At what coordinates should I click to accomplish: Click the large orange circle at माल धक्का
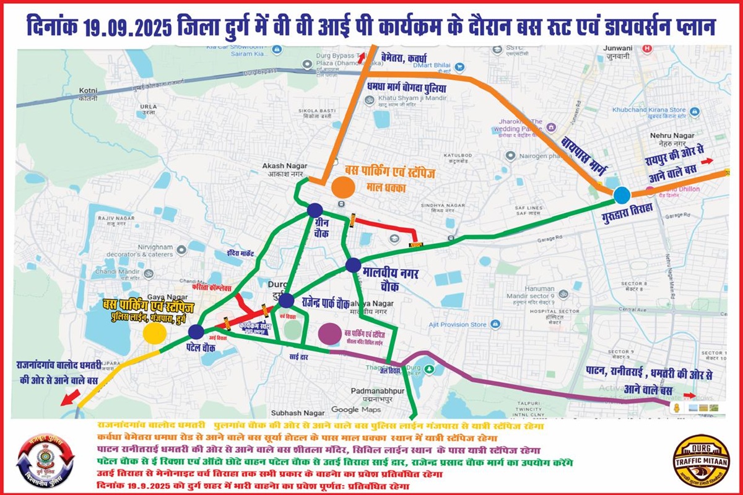pos(343,186)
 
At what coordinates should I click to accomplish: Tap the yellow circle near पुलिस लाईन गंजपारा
pos(154,333)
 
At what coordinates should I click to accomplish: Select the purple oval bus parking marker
pos(329,334)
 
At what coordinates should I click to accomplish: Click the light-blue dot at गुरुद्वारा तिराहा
pos(622,196)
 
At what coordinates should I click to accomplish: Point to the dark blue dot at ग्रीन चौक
pos(315,211)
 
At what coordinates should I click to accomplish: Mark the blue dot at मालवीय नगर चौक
pos(353,265)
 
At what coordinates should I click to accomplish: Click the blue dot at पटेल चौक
pos(196,332)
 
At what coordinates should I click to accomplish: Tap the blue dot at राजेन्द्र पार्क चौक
pos(286,301)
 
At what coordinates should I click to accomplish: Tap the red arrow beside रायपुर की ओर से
pos(706,161)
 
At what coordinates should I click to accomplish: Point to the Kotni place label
pos(89,93)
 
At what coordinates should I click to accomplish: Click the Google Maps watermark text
pos(355,410)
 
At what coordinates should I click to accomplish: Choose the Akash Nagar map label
pos(282,170)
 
